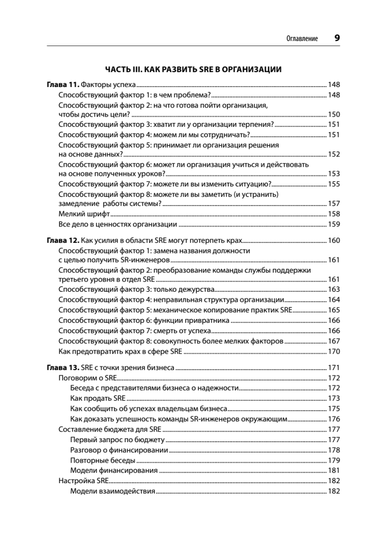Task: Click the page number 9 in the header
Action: [337, 38]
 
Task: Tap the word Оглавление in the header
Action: [301, 39]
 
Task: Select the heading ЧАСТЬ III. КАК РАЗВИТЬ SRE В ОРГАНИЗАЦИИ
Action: [193, 69]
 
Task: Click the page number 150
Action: [334, 114]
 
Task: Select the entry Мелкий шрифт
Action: [85, 214]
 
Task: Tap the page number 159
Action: [334, 224]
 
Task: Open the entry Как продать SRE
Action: [95, 398]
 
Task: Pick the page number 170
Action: [334, 351]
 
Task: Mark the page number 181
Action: [334, 470]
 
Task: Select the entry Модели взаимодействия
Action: [113, 491]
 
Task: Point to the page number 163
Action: [334, 289]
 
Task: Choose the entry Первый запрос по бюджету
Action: [117, 440]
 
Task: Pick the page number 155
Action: [334, 184]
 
